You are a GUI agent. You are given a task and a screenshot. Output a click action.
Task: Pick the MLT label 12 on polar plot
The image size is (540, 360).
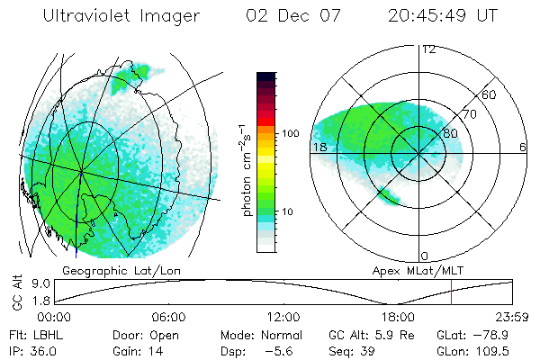(428, 49)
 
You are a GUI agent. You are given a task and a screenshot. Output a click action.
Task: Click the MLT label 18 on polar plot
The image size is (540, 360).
(318, 147)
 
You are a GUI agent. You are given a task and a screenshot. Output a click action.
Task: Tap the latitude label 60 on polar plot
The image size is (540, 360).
(489, 94)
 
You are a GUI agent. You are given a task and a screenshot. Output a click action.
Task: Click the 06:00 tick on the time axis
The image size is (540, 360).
(168, 317)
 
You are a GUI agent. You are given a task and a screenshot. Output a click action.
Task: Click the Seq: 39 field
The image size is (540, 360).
(353, 351)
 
